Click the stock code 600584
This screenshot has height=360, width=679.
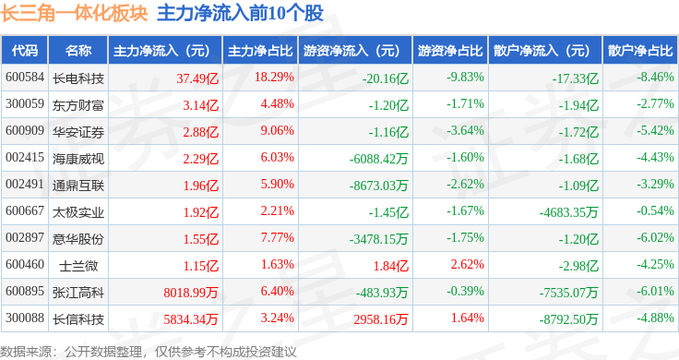[25, 78]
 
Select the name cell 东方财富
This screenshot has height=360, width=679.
[77, 105]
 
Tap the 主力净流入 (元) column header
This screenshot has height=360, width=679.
[161, 51]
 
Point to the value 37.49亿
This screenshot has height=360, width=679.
[197, 78]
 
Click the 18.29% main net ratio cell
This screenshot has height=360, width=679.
[274, 78]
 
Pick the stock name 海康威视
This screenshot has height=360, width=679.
[77, 159]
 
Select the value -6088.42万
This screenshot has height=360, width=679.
[378, 159]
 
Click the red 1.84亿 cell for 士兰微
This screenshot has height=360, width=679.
[391, 266]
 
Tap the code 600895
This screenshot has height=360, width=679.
[25, 291]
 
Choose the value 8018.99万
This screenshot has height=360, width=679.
[191, 293]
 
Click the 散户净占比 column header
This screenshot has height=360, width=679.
[640, 51]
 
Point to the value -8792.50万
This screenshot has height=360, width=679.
[568, 319]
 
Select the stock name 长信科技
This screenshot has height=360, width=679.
[77, 319]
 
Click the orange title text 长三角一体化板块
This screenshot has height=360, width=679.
[74, 14]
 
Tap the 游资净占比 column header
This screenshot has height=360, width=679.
[450, 51]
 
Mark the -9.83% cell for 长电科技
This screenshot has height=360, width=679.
[466, 78]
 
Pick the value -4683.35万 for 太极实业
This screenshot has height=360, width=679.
[568, 212]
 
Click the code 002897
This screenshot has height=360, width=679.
[25, 238]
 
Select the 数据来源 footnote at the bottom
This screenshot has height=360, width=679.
[149, 352]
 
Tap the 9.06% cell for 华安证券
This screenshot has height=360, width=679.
[277, 130]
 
